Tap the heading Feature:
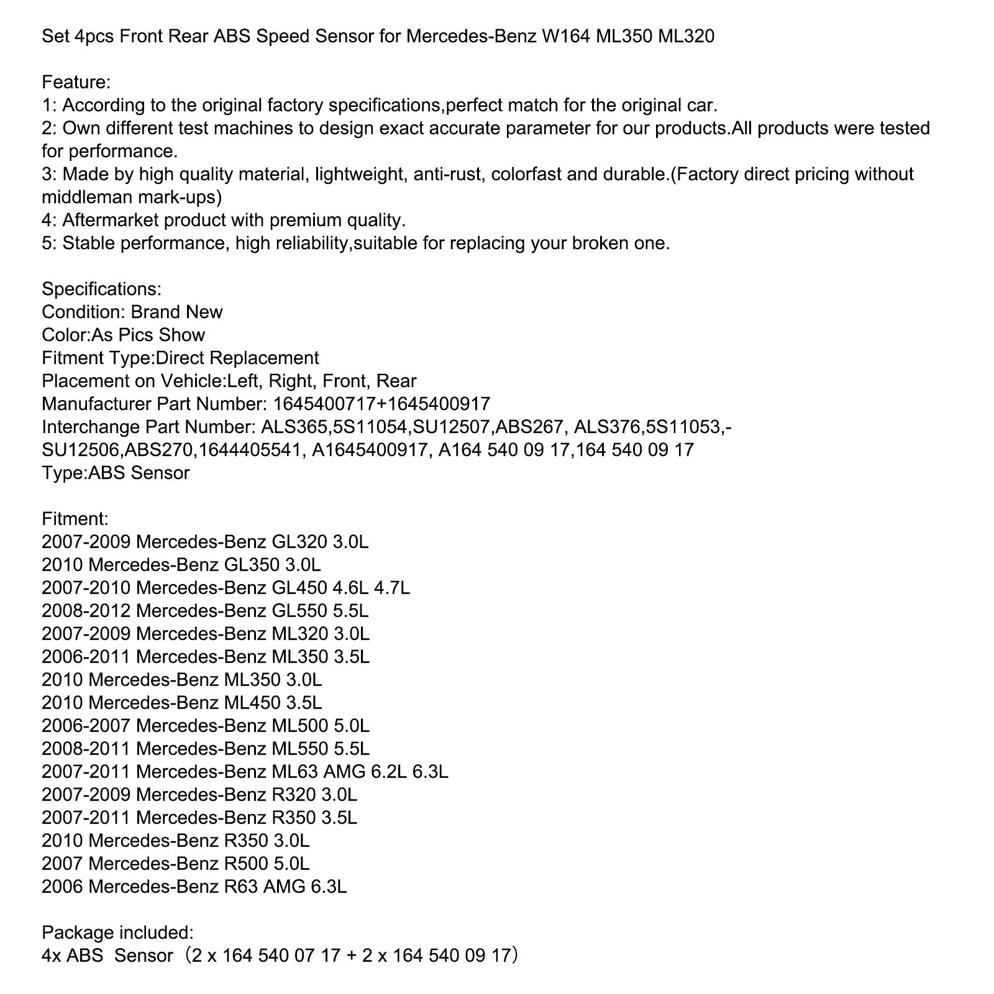point(76,82)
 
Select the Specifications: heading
point(101,289)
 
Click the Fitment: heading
point(75,519)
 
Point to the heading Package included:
point(117,932)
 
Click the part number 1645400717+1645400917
point(381,404)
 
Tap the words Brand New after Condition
point(176,312)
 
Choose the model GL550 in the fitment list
point(299,611)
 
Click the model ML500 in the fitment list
point(299,726)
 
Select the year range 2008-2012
point(86,611)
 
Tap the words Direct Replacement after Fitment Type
point(237,358)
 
